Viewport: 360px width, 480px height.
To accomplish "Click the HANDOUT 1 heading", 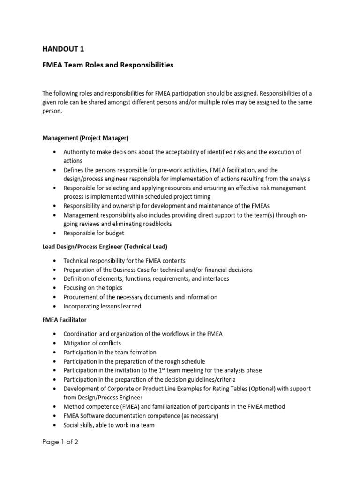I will pos(64,48).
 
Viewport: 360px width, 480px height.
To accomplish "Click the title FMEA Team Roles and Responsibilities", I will pos(108,65).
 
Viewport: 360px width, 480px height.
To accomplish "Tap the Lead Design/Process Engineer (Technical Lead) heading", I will pos(105,247).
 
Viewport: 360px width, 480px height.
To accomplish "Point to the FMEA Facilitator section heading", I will pos(64,320).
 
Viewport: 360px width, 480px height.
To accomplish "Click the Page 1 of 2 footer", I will pos(60,442).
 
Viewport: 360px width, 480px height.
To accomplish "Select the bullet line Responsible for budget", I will pos(94,233).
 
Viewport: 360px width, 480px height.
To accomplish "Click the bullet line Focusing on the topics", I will pos(93,288).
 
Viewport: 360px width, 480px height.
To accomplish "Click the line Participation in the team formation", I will pos(110,352).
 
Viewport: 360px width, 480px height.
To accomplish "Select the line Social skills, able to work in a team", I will pos(109,425).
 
